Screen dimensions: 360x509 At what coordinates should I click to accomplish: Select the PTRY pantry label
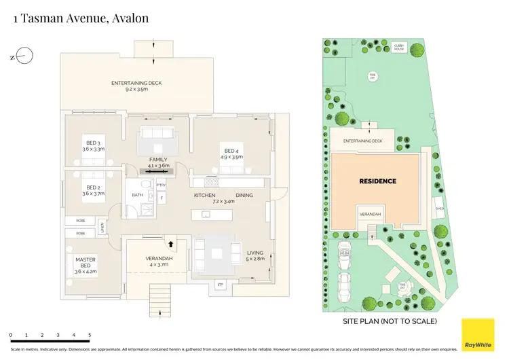click(161, 185)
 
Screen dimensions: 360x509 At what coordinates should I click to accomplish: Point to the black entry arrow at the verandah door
click(171, 242)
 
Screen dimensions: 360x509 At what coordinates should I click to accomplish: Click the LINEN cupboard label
click(101, 228)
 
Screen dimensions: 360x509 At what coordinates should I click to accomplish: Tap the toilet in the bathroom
click(145, 185)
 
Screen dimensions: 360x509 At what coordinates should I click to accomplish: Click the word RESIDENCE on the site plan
click(377, 181)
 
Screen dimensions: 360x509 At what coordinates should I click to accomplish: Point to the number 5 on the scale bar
click(90, 336)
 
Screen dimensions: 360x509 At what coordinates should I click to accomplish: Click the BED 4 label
click(231, 150)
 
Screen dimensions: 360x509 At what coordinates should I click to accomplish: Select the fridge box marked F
click(161, 198)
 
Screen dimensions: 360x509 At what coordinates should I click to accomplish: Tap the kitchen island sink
click(206, 215)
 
